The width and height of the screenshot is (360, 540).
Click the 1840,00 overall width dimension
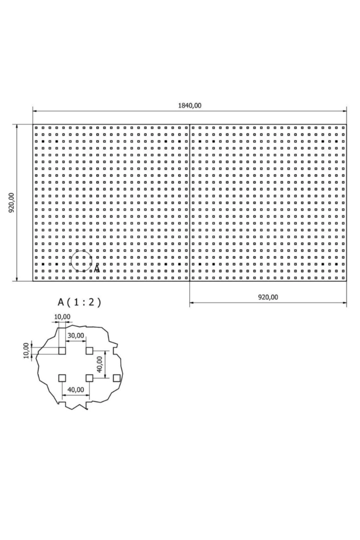(190, 105)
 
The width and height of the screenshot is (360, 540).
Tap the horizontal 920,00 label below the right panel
(268, 297)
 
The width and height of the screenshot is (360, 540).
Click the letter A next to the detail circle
(97, 269)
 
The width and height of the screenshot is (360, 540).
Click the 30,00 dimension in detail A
(76, 335)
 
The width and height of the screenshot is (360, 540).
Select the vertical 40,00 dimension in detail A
(100, 364)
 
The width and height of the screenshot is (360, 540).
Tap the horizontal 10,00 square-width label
(62, 316)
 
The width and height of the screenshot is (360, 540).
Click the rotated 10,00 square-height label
(26, 350)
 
